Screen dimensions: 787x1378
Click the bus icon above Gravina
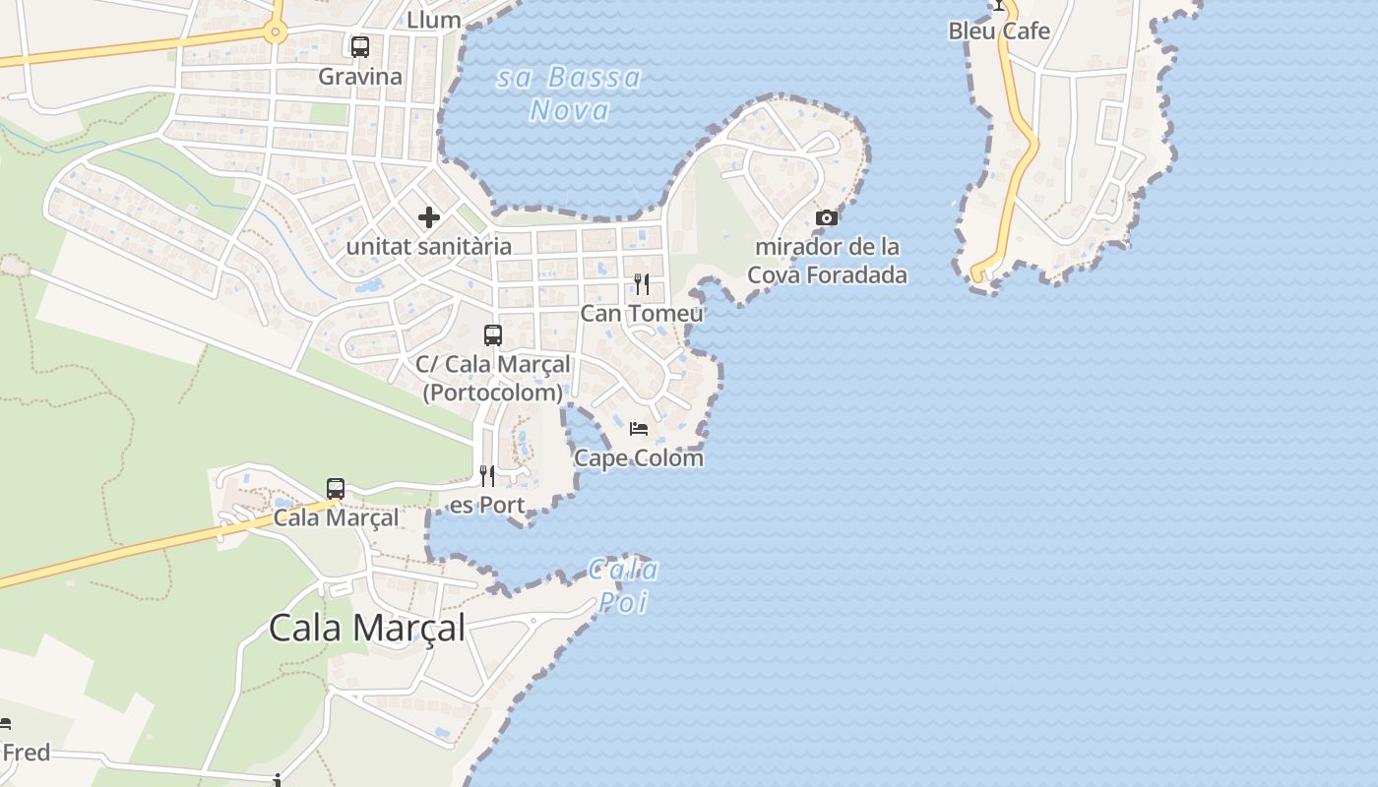[x=360, y=46]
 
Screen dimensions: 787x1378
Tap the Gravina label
[x=360, y=77]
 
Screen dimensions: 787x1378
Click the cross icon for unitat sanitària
[x=429, y=216]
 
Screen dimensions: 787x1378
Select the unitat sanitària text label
[x=429, y=246]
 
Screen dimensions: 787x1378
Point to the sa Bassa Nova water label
[x=569, y=93]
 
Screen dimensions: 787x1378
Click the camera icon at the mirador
[x=827, y=217]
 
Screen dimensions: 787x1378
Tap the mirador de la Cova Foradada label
[x=827, y=261]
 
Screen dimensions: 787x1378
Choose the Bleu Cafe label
[x=999, y=31]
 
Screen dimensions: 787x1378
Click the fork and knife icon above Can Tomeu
[x=642, y=284]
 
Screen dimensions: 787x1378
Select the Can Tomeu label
[x=642, y=314]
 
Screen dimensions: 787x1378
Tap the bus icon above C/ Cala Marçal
[x=493, y=335]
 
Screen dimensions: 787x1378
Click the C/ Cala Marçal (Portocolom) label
[x=493, y=378]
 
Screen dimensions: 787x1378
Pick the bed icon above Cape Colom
[x=639, y=429]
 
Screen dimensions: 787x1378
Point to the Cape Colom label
[x=639, y=458]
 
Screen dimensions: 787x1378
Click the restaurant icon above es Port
[x=487, y=476]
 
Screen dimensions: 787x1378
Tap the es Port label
[x=487, y=506]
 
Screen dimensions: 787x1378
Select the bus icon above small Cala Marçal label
[x=336, y=489]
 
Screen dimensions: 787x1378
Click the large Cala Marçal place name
[x=366, y=628]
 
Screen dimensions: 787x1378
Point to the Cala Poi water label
[x=623, y=586]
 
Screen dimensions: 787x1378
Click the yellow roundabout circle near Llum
[x=275, y=32]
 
